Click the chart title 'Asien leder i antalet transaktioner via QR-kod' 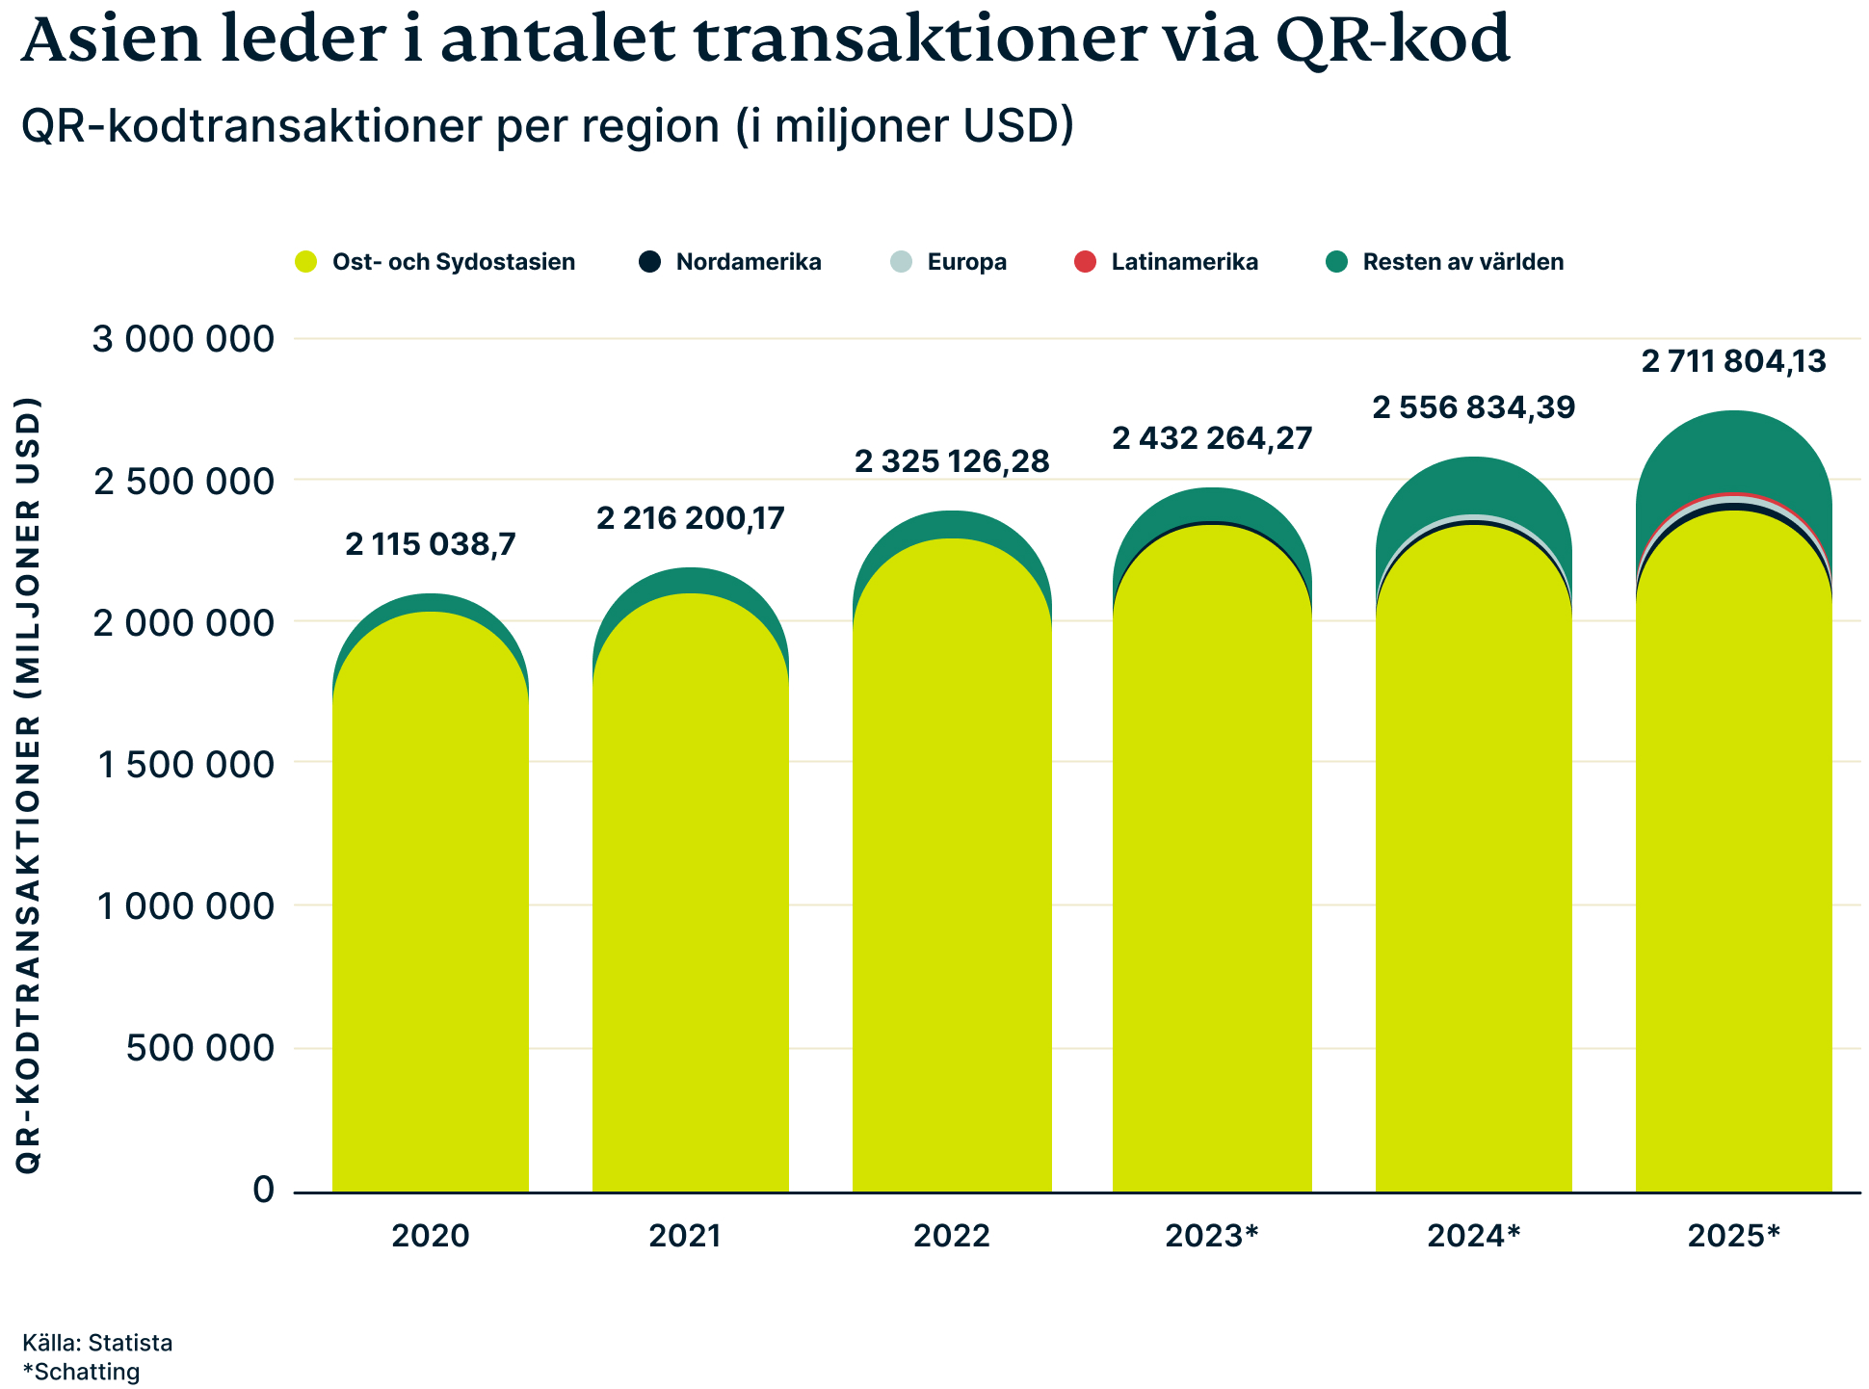[x=765, y=40]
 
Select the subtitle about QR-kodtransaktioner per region [x=547, y=126]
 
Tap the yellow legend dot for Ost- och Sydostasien [x=306, y=262]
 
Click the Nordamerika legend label [x=749, y=262]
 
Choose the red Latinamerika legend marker [x=1085, y=262]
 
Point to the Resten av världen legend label [x=1463, y=262]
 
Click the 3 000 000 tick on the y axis [x=183, y=339]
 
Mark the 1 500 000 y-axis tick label [x=186, y=764]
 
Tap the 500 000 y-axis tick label [x=200, y=1047]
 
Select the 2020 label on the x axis [x=430, y=1236]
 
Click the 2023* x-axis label [x=1212, y=1236]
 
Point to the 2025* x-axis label [x=1733, y=1236]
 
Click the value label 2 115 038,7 [x=431, y=545]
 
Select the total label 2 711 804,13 [x=1734, y=362]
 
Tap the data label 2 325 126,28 [x=952, y=462]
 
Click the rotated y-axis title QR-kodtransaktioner [x=29, y=785]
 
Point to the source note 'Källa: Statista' [x=97, y=1343]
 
